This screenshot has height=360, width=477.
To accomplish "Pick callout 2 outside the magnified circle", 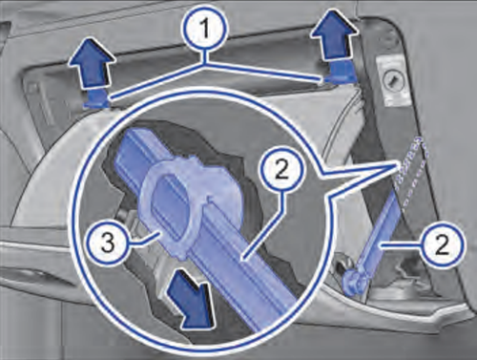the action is click(442, 244).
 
